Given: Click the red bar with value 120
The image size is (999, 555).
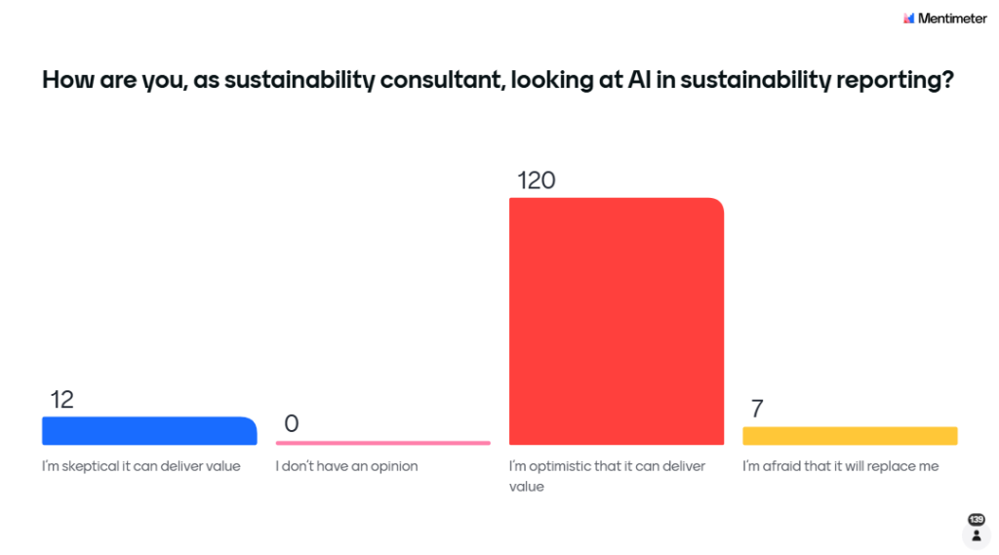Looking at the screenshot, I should tap(616, 321).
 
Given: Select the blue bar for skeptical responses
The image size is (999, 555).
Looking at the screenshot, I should tap(148, 431).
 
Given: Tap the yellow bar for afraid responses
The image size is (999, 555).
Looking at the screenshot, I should tap(849, 436).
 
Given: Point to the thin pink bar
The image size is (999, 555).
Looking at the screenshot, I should tap(382, 443).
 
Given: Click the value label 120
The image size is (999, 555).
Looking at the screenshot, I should tap(536, 180).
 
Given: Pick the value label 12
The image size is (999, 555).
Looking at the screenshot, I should tap(61, 399).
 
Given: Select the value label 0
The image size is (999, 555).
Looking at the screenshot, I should tap(291, 423).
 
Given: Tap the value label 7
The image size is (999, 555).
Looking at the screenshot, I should tap(756, 409).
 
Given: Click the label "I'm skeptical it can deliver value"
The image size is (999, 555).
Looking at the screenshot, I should tap(140, 466).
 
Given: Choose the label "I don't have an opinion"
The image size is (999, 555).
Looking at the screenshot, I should tap(346, 466).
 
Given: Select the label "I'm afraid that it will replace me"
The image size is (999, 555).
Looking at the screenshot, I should tap(840, 466).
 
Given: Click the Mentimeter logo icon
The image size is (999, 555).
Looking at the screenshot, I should tap(909, 18).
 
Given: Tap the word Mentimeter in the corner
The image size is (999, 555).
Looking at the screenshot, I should tap(952, 18).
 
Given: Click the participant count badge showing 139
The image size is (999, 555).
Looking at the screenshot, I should tap(976, 519).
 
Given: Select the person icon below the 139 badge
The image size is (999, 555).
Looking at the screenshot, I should tap(976, 535).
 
